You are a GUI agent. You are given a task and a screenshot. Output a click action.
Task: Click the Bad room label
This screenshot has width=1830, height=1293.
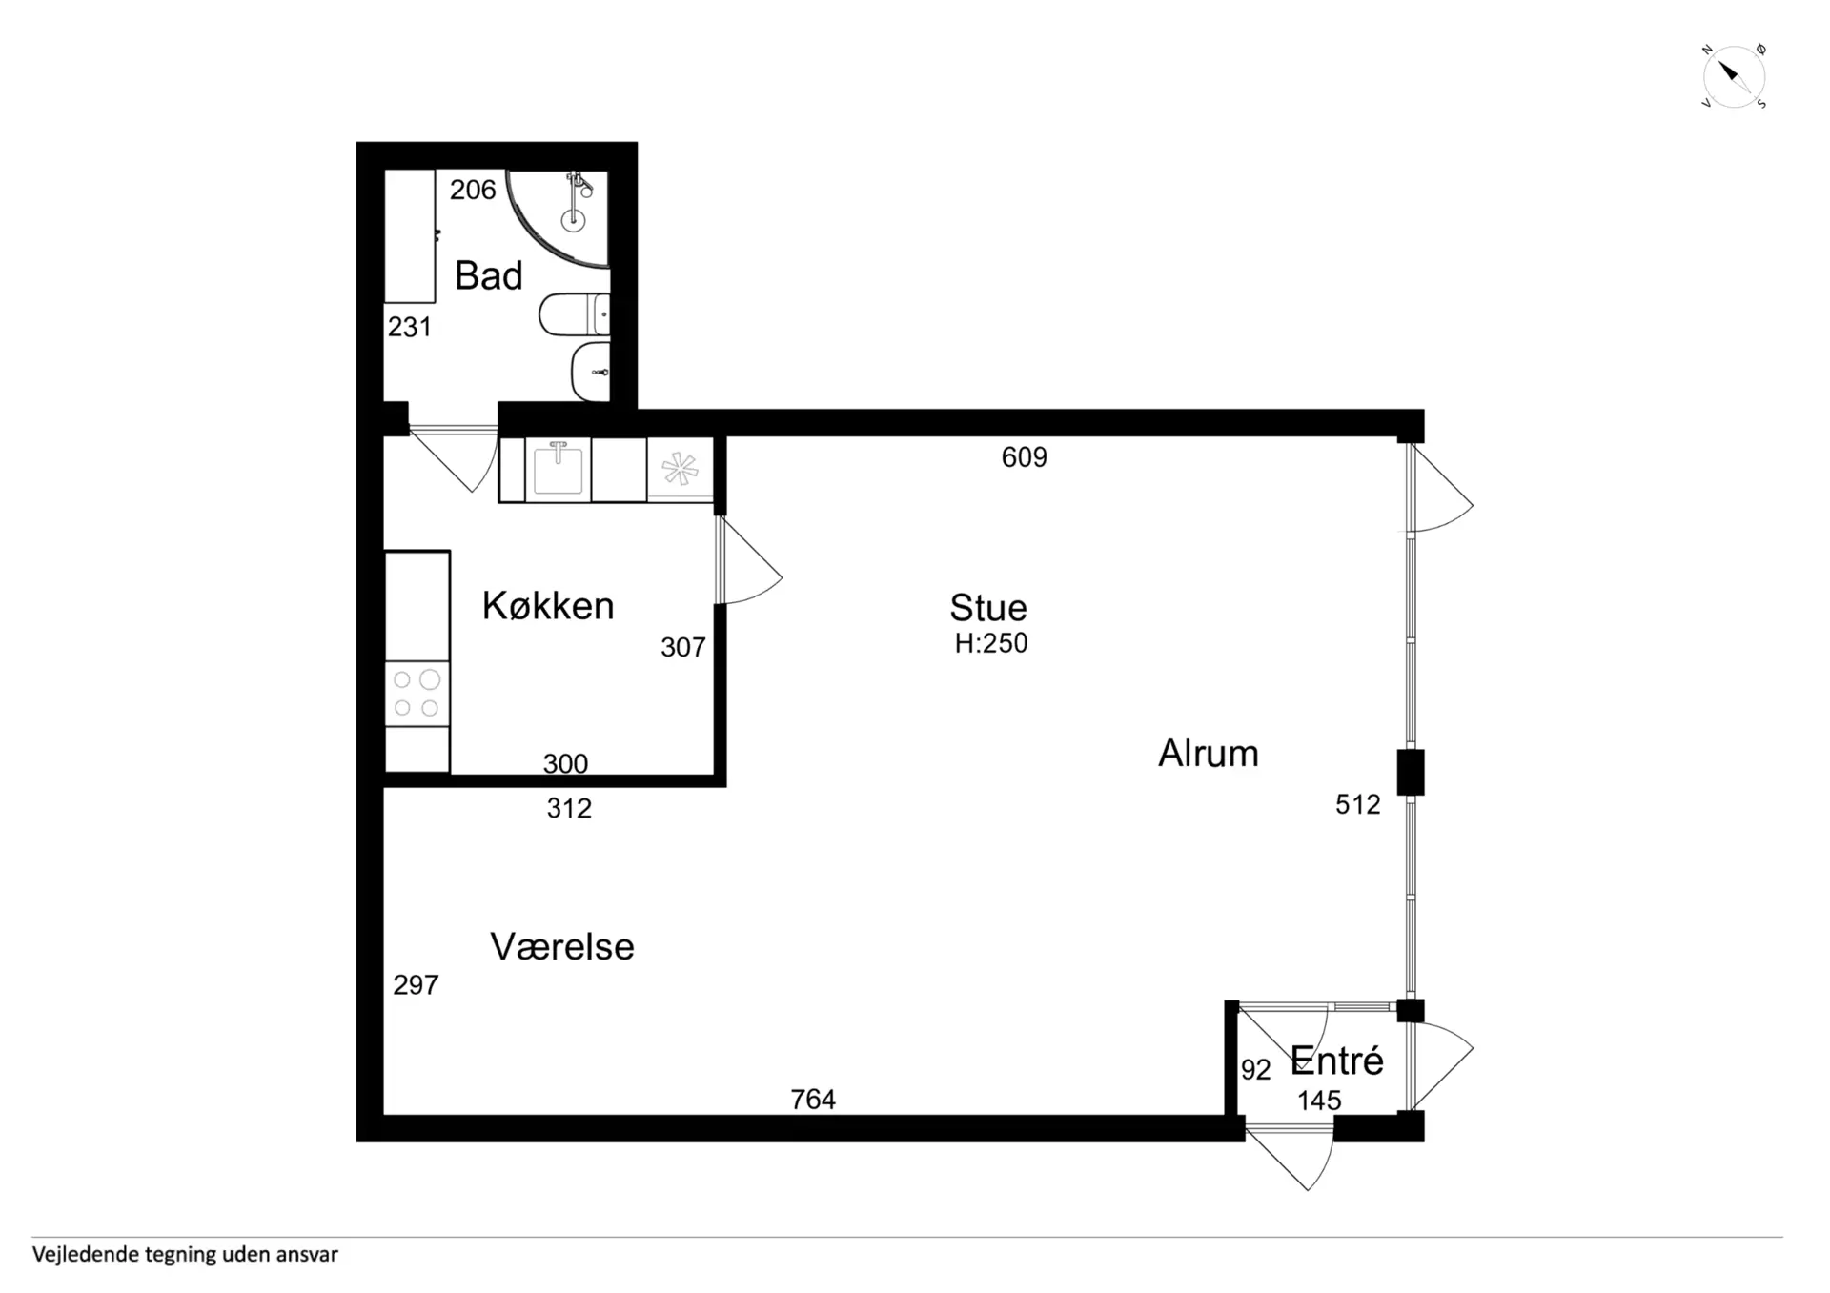click(489, 276)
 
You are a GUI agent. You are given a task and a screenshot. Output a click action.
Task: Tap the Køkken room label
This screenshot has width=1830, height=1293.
click(548, 606)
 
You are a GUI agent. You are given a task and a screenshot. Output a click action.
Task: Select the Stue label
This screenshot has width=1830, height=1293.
click(988, 608)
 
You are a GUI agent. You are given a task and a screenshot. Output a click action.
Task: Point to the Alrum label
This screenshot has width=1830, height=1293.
click(1209, 754)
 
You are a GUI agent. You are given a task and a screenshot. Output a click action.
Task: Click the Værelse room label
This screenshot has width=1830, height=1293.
click(562, 947)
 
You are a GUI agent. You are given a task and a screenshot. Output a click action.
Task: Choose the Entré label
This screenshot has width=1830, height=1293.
click(1336, 1060)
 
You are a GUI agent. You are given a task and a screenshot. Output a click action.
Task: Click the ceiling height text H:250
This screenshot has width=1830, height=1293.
click(991, 643)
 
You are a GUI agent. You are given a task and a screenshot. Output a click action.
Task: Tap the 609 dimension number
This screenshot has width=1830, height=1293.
click(1025, 457)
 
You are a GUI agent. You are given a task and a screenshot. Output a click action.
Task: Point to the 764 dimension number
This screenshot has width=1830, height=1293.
click(813, 1100)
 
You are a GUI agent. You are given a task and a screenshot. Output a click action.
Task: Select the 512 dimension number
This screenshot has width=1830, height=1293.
click(1358, 804)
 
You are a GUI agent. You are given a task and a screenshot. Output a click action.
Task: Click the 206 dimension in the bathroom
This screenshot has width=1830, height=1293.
click(473, 190)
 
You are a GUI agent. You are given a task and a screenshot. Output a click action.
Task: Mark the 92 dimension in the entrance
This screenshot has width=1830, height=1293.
click(1256, 1070)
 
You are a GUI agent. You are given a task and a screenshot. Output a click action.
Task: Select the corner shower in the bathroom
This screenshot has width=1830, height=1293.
click(558, 218)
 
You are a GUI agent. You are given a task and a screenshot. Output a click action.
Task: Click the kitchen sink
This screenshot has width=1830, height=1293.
click(559, 468)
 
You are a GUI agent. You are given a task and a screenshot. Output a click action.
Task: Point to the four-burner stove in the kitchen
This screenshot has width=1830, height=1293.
click(417, 693)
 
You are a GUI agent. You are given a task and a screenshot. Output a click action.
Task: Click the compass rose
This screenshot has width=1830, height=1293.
click(1734, 76)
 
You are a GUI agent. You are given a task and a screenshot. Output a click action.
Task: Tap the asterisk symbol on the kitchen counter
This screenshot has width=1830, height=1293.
click(681, 468)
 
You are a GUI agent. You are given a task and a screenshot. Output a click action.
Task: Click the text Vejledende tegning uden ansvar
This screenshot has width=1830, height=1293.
click(185, 1255)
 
